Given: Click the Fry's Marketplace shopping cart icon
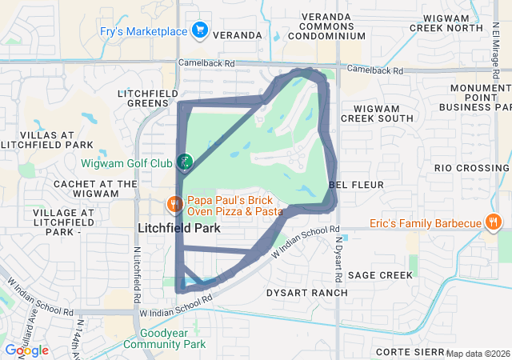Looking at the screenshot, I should click(x=200, y=31).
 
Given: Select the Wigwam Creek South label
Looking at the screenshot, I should click(x=377, y=113).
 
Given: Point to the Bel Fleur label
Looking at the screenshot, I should click(x=362, y=185).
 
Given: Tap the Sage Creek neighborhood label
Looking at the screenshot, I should click(x=379, y=274).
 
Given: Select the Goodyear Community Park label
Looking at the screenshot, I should click(x=173, y=338).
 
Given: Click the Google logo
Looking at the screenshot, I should click(x=27, y=350).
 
